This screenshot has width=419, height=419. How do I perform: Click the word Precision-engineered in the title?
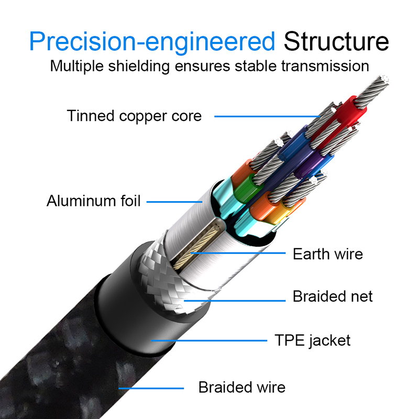[x=152, y=41]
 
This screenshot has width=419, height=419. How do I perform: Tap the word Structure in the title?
[x=336, y=41]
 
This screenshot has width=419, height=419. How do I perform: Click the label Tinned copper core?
[x=134, y=116]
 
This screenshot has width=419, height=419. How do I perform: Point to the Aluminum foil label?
[x=94, y=201]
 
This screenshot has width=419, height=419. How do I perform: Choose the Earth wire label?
[x=327, y=254]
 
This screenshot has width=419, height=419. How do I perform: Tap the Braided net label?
[x=333, y=296]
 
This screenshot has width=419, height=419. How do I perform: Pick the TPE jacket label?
[x=313, y=340]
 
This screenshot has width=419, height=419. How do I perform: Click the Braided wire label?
[x=242, y=388]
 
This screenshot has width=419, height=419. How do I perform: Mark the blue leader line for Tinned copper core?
[x=267, y=116]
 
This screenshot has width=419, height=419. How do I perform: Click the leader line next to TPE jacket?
[x=210, y=341]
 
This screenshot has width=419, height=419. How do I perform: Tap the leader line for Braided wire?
[x=152, y=388]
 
